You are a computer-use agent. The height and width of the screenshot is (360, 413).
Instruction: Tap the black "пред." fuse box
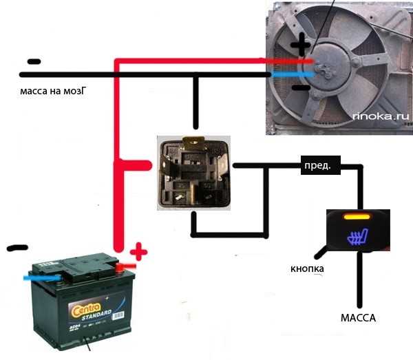pyautogui.click(x=317, y=166)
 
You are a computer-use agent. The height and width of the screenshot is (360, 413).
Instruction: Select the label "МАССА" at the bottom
pyautogui.click(x=359, y=319)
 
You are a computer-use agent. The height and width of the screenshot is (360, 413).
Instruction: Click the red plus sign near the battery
pyautogui.click(x=138, y=252)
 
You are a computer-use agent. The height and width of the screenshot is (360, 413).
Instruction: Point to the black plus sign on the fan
pyautogui.click(x=301, y=47)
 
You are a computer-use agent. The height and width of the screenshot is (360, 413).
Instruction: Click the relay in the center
pyautogui.click(x=193, y=172)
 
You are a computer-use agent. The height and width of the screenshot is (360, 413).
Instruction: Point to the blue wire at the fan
pyautogui.click(x=293, y=72)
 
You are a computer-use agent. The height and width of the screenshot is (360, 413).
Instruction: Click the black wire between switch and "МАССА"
pyautogui.click(x=359, y=282)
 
